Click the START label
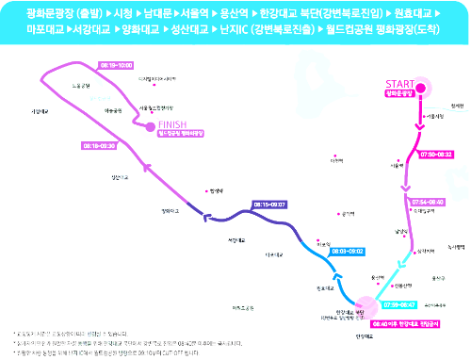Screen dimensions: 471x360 [399, 83]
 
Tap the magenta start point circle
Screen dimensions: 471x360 [420, 90]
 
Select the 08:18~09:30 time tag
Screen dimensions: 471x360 [98, 148]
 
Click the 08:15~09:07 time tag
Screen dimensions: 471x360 [269, 204]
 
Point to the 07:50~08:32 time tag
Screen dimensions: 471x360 [436, 154]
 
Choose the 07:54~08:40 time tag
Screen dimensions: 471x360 [428, 201]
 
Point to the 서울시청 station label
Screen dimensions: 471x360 [434, 117]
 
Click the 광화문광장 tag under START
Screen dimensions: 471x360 [399, 93]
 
